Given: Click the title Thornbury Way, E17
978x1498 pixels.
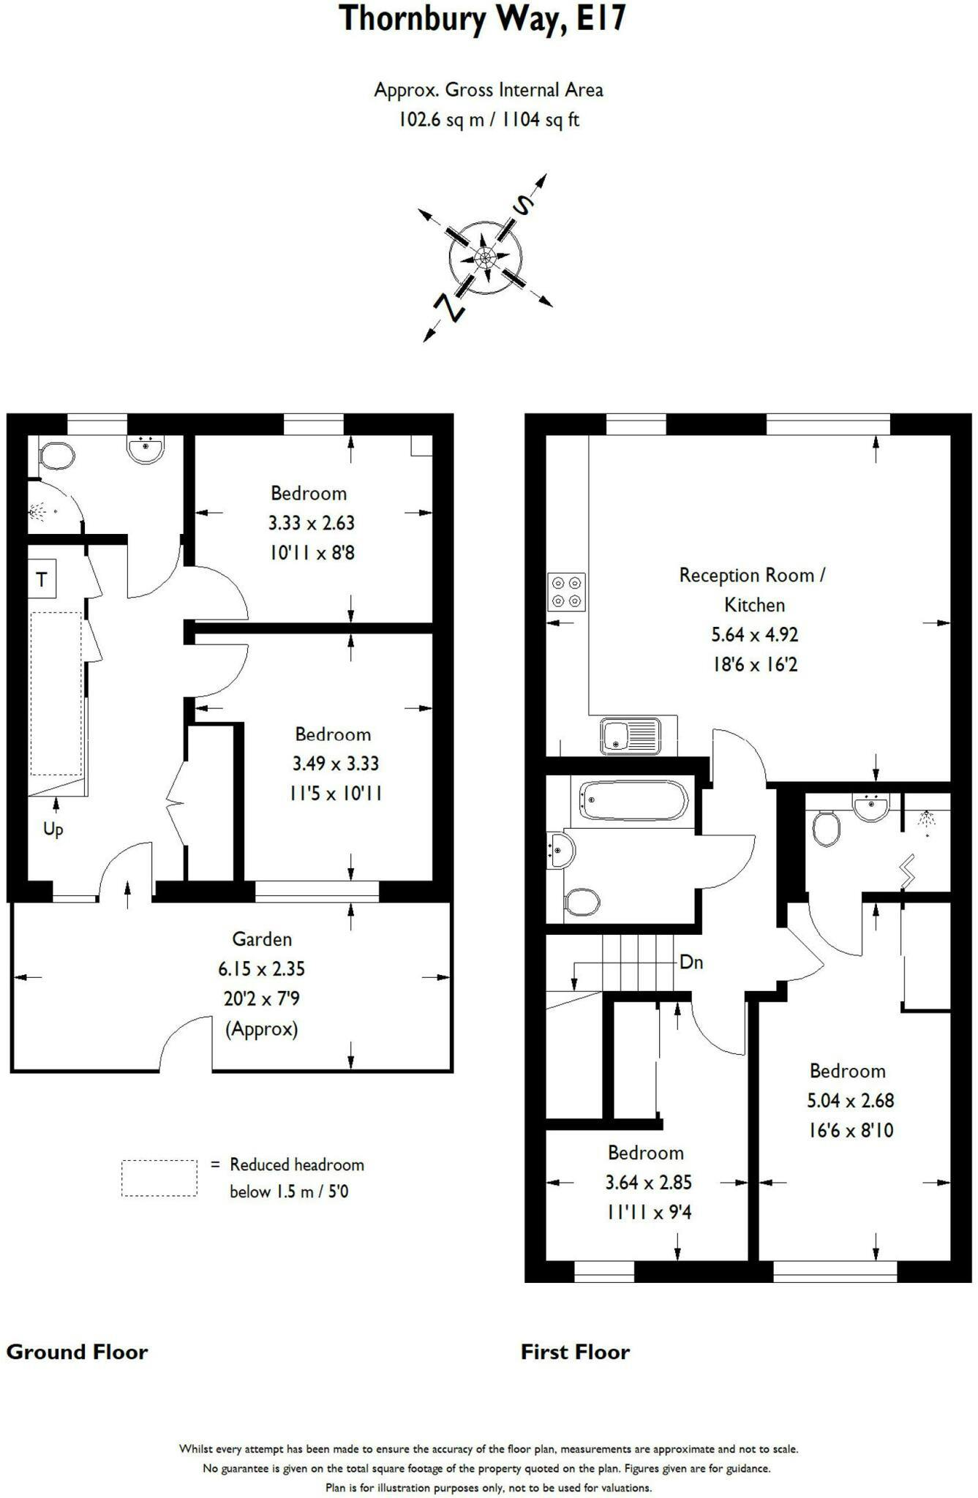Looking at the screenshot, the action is click(483, 19).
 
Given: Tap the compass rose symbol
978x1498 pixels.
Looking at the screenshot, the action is click(485, 257).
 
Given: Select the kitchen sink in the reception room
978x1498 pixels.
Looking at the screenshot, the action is click(631, 734).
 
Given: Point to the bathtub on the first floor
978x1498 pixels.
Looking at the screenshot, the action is click(633, 801).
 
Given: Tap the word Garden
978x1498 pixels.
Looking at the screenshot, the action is click(262, 938).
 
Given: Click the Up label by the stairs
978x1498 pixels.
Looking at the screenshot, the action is click(53, 829).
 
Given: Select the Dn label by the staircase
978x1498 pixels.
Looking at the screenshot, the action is click(691, 962).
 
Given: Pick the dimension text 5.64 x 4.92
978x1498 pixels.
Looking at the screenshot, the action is click(753, 634).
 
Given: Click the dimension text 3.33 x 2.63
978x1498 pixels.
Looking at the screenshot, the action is click(311, 523).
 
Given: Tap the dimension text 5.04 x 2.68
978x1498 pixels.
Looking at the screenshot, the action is click(850, 1100).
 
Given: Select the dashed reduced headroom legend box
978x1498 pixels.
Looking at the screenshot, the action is click(159, 1178).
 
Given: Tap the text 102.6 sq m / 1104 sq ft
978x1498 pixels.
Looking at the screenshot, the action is click(489, 119).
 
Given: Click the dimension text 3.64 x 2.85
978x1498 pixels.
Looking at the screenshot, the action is click(648, 1182).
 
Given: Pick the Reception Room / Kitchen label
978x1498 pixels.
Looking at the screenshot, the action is click(753, 590).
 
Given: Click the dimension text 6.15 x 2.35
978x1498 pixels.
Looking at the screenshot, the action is click(261, 968).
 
